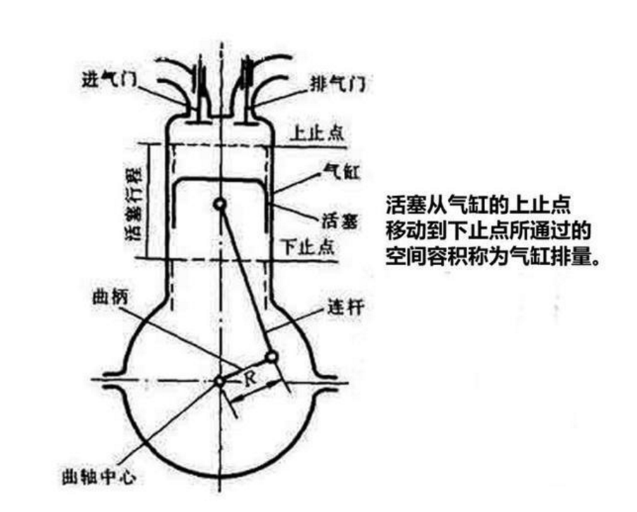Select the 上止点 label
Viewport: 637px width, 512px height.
tap(318, 133)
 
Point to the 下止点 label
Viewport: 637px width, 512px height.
tap(309, 246)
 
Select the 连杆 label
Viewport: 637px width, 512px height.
tap(345, 307)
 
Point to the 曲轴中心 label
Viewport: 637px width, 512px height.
tap(98, 476)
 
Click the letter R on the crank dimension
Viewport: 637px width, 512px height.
tap(250, 378)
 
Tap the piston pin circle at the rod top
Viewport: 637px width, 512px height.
tap(220, 204)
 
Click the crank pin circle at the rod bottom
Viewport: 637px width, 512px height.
tap(271, 357)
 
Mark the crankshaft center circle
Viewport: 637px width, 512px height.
tap(219, 382)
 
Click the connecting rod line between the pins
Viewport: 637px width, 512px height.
tap(246, 281)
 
